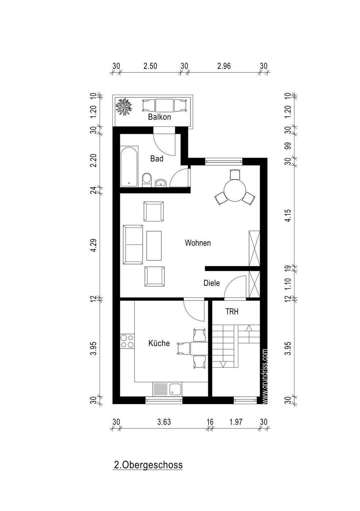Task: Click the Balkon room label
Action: (x=159, y=117)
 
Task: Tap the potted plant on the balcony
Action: (x=124, y=106)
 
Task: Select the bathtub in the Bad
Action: (x=129, y=166)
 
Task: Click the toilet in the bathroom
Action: (x=147, y=180)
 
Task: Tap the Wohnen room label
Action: (x=198, y=243)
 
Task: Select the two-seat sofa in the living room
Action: (x=133, y=244)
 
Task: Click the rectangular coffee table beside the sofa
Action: (x=154, y=246)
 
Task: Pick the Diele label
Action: (x=212, y=283)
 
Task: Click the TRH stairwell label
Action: (x=232, y=312)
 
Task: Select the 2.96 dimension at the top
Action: (x=224, y=66)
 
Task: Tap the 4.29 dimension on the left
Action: (x=94, y=246)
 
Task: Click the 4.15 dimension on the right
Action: (x=288, y=216)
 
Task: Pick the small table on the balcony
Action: (x=164, y=105)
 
